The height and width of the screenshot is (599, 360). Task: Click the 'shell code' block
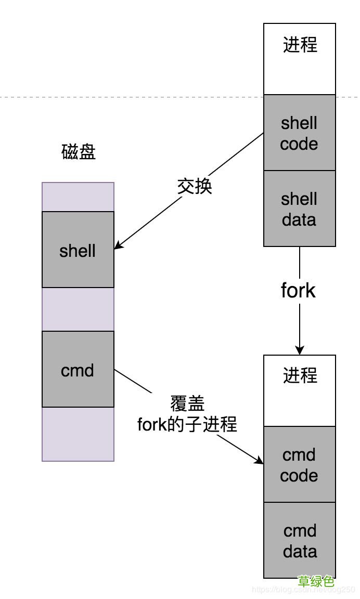point(299,133)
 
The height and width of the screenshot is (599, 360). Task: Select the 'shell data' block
point(299,209)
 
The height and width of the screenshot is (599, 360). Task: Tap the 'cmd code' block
point(299,464)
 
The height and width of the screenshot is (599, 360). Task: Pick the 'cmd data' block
point(299,540)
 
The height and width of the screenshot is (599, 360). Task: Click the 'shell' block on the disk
point(78,250)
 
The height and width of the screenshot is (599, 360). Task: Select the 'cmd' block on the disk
point(78,370)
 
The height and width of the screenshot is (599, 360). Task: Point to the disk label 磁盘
point(79,152)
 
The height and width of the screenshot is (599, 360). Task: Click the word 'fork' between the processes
point(298,290)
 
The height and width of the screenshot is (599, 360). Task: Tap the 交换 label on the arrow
point(195,186)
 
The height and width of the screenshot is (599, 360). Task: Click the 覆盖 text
point(187,403)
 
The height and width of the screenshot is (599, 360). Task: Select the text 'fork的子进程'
point(187,424)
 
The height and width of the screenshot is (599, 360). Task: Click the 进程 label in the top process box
point(300,45)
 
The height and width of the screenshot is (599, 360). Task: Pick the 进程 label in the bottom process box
point(300,375)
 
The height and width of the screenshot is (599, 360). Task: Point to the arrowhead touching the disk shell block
point(119,244)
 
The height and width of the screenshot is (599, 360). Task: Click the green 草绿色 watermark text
point(316,581)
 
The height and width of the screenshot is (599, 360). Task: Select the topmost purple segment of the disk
point(78,197)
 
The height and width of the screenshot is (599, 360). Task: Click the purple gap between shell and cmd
point(78,309)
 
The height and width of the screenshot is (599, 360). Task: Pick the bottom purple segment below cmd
point(78,434)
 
